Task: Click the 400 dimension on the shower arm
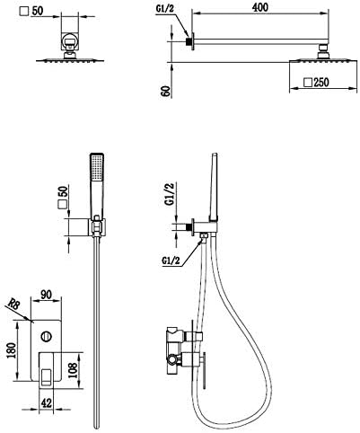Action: click(x=259, y=7)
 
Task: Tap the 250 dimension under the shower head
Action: click(x=321, y=82)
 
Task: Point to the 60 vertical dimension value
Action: click(x=167, y=91)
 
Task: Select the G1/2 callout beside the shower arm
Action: click(x=164, y=9)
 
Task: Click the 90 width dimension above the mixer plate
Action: click(x=46, y=295)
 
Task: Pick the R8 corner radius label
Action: click(x=13, y=305)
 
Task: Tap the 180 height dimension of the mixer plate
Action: click(x=11, y=350)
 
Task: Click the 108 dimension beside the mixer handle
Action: click(x=73, y=370)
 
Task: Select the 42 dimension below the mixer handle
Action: click(x=46, y=403)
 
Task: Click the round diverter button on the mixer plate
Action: click(x=47, y=336)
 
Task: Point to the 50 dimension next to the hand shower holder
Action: click(x=64, y=191)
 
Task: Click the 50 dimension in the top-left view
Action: click(x=37, y=11)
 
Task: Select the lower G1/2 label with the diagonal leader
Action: click(x=171, y=261)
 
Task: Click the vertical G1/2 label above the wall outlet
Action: click(x=170, y=194)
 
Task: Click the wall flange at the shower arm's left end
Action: click(x=193, y=41)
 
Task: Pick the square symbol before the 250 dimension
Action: click(x=308, y=83)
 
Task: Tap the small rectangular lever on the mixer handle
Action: click(x=46, y=376)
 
